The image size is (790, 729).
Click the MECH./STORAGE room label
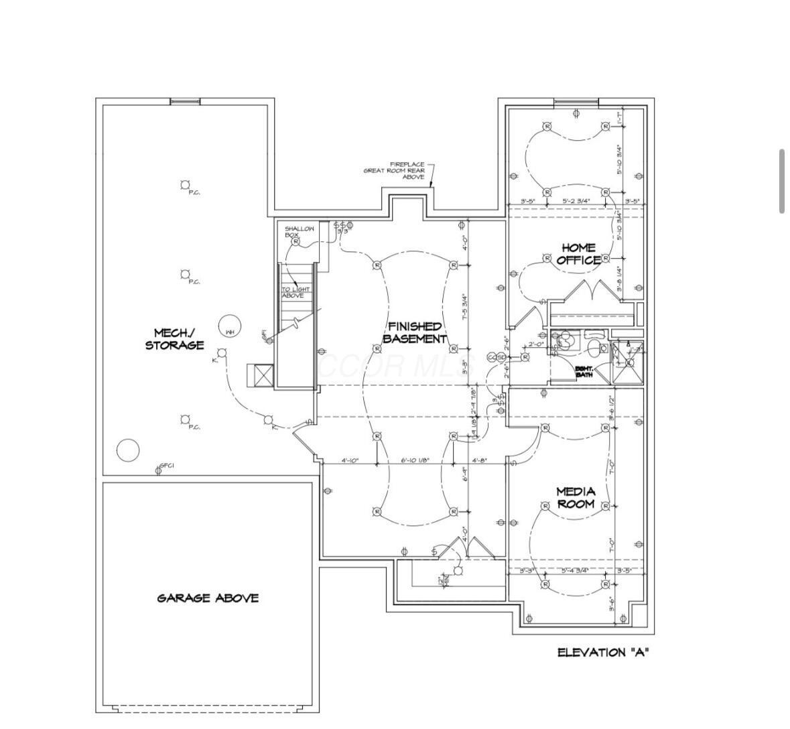174,339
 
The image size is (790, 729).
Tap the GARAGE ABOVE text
208,598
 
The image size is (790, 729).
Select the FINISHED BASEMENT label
414,332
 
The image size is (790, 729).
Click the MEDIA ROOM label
576,498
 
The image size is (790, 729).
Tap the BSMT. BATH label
584,371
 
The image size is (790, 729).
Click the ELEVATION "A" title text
602,652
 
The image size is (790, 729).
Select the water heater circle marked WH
229,327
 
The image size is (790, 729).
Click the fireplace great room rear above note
395,171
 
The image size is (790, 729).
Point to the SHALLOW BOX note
299,232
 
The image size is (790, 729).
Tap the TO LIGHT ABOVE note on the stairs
295,292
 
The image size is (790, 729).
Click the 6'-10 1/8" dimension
415,460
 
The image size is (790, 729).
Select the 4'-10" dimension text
350,460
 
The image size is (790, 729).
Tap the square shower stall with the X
628,362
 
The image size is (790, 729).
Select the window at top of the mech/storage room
185,102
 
